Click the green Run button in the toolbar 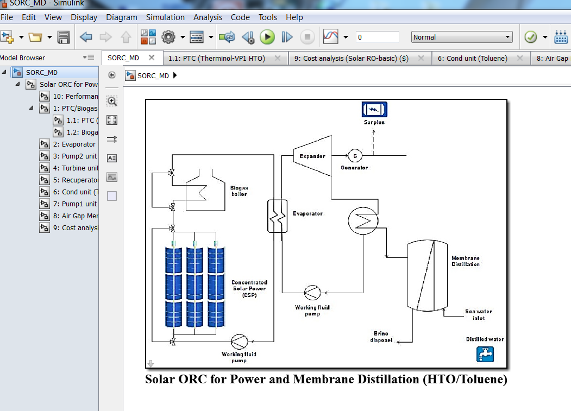point(267,37)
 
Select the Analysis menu point(208,17)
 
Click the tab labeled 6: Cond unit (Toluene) point(472,58)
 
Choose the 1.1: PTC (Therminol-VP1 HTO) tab point(216,58)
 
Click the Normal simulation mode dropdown point(462,37)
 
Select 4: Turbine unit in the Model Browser point(76,168)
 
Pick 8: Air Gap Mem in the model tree point(76,216)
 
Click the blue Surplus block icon point(374,110)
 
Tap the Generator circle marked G point(355,156)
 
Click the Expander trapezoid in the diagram point(312,156)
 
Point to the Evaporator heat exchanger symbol point(277,216)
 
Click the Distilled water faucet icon point(485,354)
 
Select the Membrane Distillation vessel point(427,275)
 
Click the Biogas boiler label point(239,191)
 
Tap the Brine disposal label point(381,337)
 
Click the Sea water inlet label point(478,315)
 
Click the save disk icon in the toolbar point(64,37)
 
